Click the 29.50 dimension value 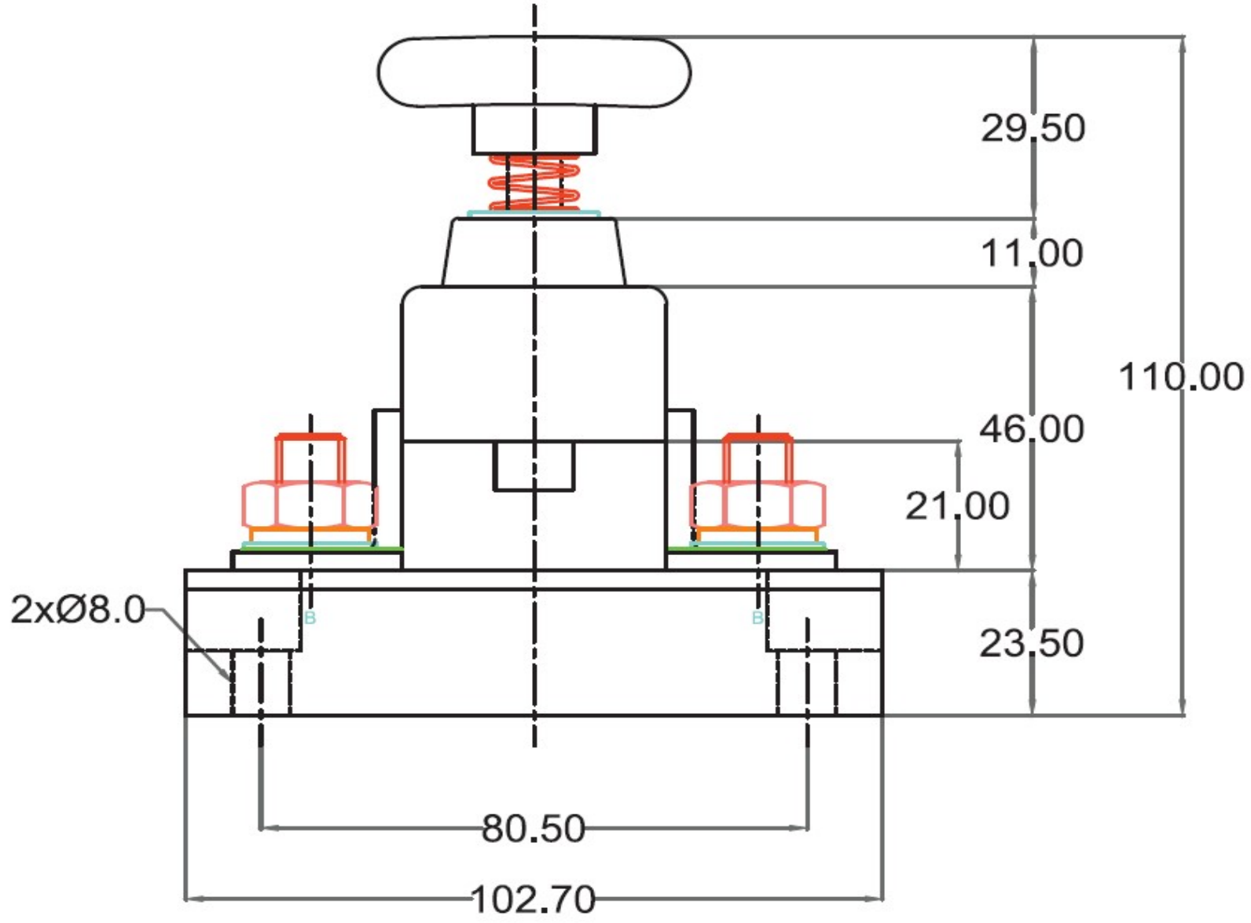point(1033,128)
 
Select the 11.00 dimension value point(1032,253)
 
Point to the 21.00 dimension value point(957,506)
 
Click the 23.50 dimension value point(1032,643)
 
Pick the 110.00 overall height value point(1181,377)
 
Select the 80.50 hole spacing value point(534,829)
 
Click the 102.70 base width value point(534,900)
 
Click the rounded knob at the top point(534,72)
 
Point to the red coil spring point(534,182)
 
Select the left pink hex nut point(310,504)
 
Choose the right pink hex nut point(758,504)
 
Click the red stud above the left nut point(310,458)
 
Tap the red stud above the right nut point(758,458)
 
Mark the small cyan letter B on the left point(310,617)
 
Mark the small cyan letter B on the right point(758,617)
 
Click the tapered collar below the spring point(534,252)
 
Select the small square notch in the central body point(534,466)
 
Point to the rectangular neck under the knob point(534,129)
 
